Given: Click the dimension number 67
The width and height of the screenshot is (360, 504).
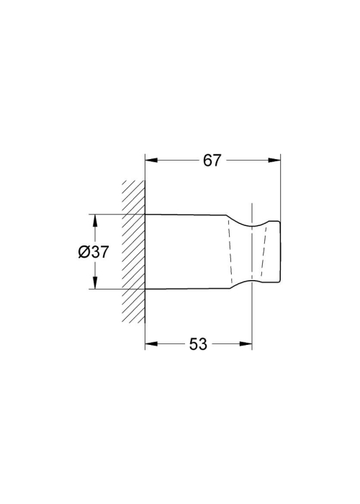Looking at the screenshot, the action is (x=212, y=161).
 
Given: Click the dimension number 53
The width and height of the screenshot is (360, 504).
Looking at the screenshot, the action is (x=198, y=344).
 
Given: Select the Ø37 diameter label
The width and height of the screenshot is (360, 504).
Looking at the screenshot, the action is (x=94, y=252).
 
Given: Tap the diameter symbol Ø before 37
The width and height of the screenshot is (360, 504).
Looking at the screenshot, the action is (x=84, y=252).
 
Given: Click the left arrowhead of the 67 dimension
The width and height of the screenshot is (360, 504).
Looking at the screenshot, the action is (x=151, y=160).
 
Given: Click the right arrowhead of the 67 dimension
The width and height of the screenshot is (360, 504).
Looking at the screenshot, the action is (x=274, y=160).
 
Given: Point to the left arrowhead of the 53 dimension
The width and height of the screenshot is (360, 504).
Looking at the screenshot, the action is (x=151, y=344).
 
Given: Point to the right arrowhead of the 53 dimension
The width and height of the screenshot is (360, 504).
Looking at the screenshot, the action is (x=246, y=344).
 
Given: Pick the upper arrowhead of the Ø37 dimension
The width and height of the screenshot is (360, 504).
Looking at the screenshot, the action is (x=95, y=220).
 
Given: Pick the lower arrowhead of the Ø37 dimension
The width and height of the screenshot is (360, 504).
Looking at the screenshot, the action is (x=95, y=283).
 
